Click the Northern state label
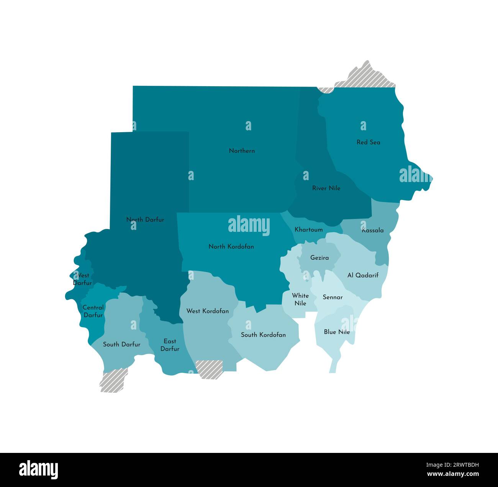tap(242, 151)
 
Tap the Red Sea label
tap(368, 142)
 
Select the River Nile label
tap(326, 188)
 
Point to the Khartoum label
tap(308, 230)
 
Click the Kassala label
tap(372, 230)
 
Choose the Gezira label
tap(319, 258)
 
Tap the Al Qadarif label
tap(363, 275)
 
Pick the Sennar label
tap(333, 297)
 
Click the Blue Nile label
tap(337, 332)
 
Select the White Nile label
tap(300, 299)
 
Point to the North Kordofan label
tap(231, 246)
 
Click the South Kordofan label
tap(263, 335)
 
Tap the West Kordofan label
tap(207, 311)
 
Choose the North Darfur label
tap(145, 220)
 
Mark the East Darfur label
tap(170, 345)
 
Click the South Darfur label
tap(121, 344)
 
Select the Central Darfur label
tap(93, 311)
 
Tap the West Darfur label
tap(82, 279)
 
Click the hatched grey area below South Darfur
tap(113, 380)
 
